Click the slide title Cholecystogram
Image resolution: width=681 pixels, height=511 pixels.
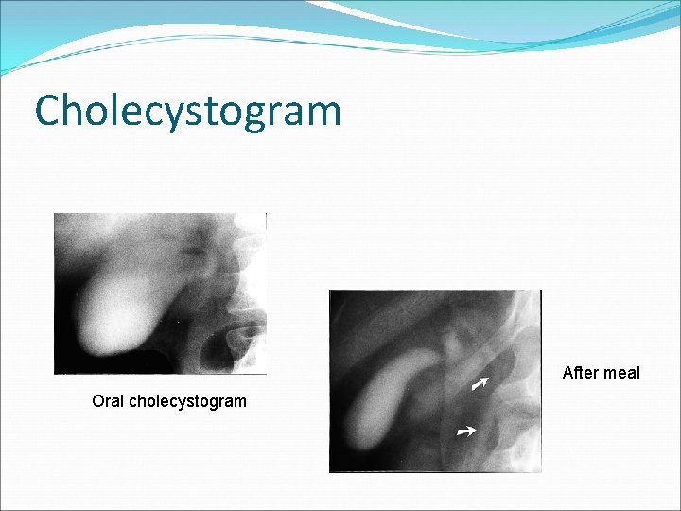[187, 111]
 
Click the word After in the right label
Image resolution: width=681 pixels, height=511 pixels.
[579, 373]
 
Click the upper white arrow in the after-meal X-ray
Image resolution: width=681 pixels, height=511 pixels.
[480, 382]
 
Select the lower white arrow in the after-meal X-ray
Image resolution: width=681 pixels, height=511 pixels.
[464, 432]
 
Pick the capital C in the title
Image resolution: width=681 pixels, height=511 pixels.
[48, 110]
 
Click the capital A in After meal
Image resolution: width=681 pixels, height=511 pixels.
[567, 373]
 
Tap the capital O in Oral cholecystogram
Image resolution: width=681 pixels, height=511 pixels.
[97, 401]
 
